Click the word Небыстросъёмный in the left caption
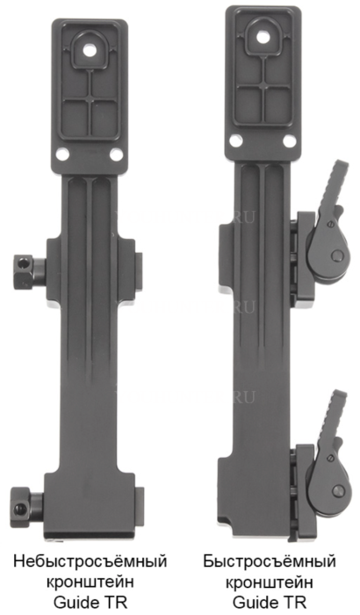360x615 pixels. [90, 561]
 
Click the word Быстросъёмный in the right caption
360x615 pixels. [270, 561]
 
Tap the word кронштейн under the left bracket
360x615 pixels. [90, 582]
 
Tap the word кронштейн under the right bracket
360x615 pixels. [270, 582]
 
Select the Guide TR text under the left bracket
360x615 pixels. [90, 602]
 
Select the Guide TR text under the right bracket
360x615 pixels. [270, 602]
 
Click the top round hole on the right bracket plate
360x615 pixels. [263, 38]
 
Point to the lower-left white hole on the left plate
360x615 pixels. [62, 154]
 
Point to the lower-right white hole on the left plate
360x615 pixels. [116, 155]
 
